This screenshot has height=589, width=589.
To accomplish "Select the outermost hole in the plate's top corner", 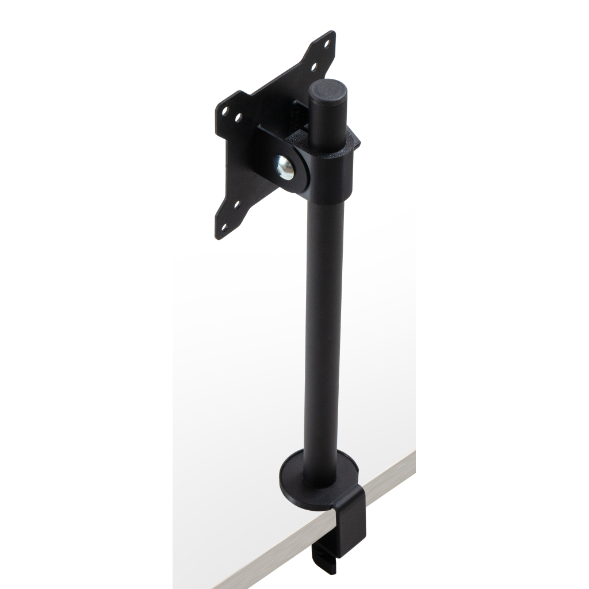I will pos(327,43).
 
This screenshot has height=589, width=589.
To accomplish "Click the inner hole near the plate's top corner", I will pos(313,67).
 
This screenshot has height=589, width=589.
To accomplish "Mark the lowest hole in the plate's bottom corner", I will pos(225,227).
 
